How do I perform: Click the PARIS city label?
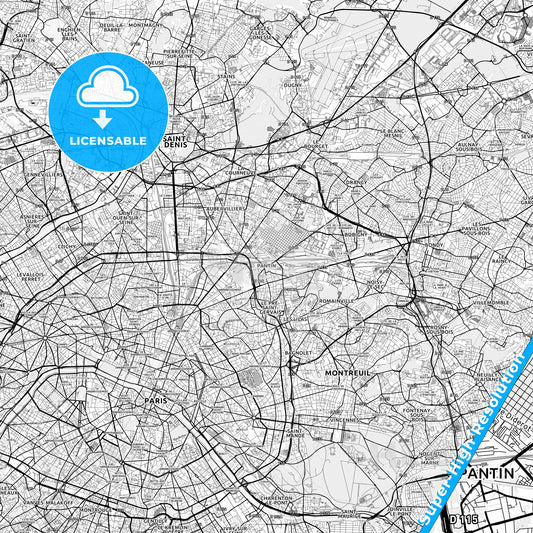(x=154, y=399)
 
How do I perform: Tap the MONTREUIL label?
(x=348, y=372)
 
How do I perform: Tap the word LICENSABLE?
(x=107, y=140)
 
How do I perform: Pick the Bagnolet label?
(x=297, y=353)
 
